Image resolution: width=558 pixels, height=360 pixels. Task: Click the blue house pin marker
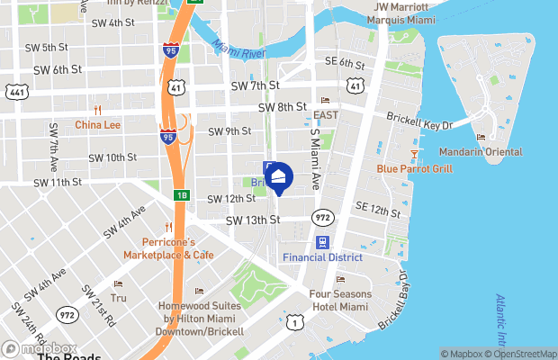pos(279,179)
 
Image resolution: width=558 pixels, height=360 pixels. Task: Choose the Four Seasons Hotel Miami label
pos(340,300)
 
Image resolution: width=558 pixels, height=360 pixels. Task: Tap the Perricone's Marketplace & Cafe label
pos(177,247)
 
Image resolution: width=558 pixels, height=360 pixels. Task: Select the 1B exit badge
pos(181,194)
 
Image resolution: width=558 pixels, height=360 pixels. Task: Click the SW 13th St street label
pos(253,220)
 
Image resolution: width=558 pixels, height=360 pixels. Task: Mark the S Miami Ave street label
pos(316,157)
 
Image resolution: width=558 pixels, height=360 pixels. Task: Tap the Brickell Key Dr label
pos(419,119)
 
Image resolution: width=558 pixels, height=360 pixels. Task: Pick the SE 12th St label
pos(377,210)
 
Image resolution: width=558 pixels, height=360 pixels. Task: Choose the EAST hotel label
pos(326,115)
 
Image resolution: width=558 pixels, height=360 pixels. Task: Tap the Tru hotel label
pos(119,297)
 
